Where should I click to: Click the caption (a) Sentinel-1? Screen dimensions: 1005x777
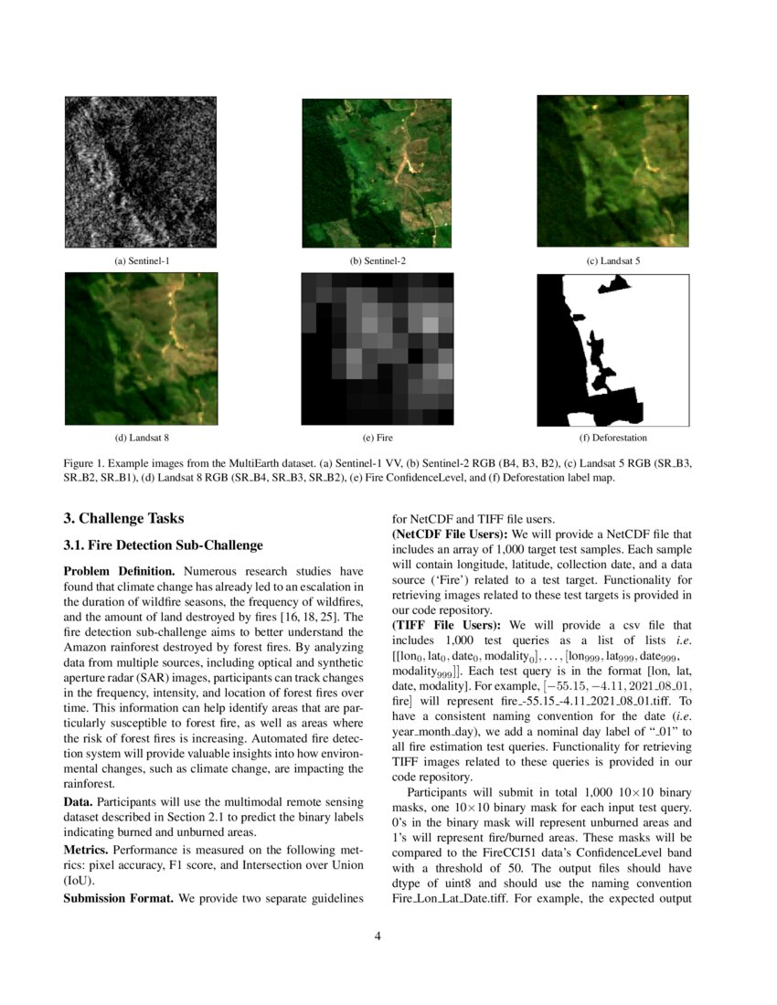[142, 261]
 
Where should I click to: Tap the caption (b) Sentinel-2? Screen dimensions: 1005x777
[378, 261]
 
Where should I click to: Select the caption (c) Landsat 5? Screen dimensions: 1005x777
[612, 261]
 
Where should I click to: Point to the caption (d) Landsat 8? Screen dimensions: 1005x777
[142, 438]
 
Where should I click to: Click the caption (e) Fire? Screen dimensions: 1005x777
[378, 438]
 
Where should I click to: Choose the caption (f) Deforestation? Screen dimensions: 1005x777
[612, 438]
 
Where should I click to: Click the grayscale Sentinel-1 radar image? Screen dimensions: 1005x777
[141, 172]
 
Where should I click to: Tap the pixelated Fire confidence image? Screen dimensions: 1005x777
[378, 348]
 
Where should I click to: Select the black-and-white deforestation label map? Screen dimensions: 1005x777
[612, 348]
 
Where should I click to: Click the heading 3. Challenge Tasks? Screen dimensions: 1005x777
[124, 519]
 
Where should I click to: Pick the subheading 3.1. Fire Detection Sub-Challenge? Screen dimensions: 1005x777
[163, 545]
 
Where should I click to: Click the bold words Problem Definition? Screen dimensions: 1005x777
[112, 571]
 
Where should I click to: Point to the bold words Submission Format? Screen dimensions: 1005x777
[119, 899]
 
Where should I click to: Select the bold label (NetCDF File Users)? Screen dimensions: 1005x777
[450, 533]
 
